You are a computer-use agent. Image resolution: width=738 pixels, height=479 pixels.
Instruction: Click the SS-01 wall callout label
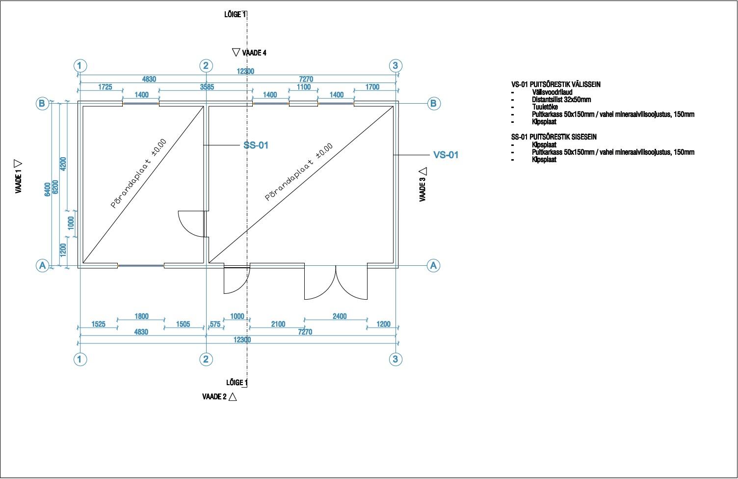coord(256,145)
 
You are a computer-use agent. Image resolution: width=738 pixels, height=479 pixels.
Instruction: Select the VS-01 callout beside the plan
coord(446,155)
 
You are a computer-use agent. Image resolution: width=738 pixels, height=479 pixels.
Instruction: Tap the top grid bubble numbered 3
coord(395,66)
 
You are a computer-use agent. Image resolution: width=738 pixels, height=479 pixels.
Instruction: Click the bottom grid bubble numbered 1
coord(80,359)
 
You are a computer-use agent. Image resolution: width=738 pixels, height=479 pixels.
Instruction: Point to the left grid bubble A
coord(42,266)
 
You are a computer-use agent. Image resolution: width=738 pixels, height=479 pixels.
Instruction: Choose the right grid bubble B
coord(433,103)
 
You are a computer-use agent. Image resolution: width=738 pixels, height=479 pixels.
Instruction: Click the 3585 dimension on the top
coord(207,87)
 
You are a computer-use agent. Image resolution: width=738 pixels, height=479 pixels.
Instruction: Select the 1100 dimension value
coord(304,87)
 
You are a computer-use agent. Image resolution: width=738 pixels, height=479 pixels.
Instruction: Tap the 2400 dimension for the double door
coord(339,316)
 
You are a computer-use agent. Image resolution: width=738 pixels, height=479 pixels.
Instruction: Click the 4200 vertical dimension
coord(63,164)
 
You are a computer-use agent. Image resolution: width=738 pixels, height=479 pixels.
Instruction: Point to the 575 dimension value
coord(215,324)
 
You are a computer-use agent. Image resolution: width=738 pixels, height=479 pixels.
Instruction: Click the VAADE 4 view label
coord(254,53)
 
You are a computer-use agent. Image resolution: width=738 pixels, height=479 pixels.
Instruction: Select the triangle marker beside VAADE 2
coord(233,397)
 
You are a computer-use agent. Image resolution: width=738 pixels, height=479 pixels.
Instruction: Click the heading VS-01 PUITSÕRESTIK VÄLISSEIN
coord(555,85)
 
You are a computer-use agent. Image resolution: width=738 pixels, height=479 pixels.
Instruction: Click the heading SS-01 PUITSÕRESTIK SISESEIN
coord(553,137)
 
